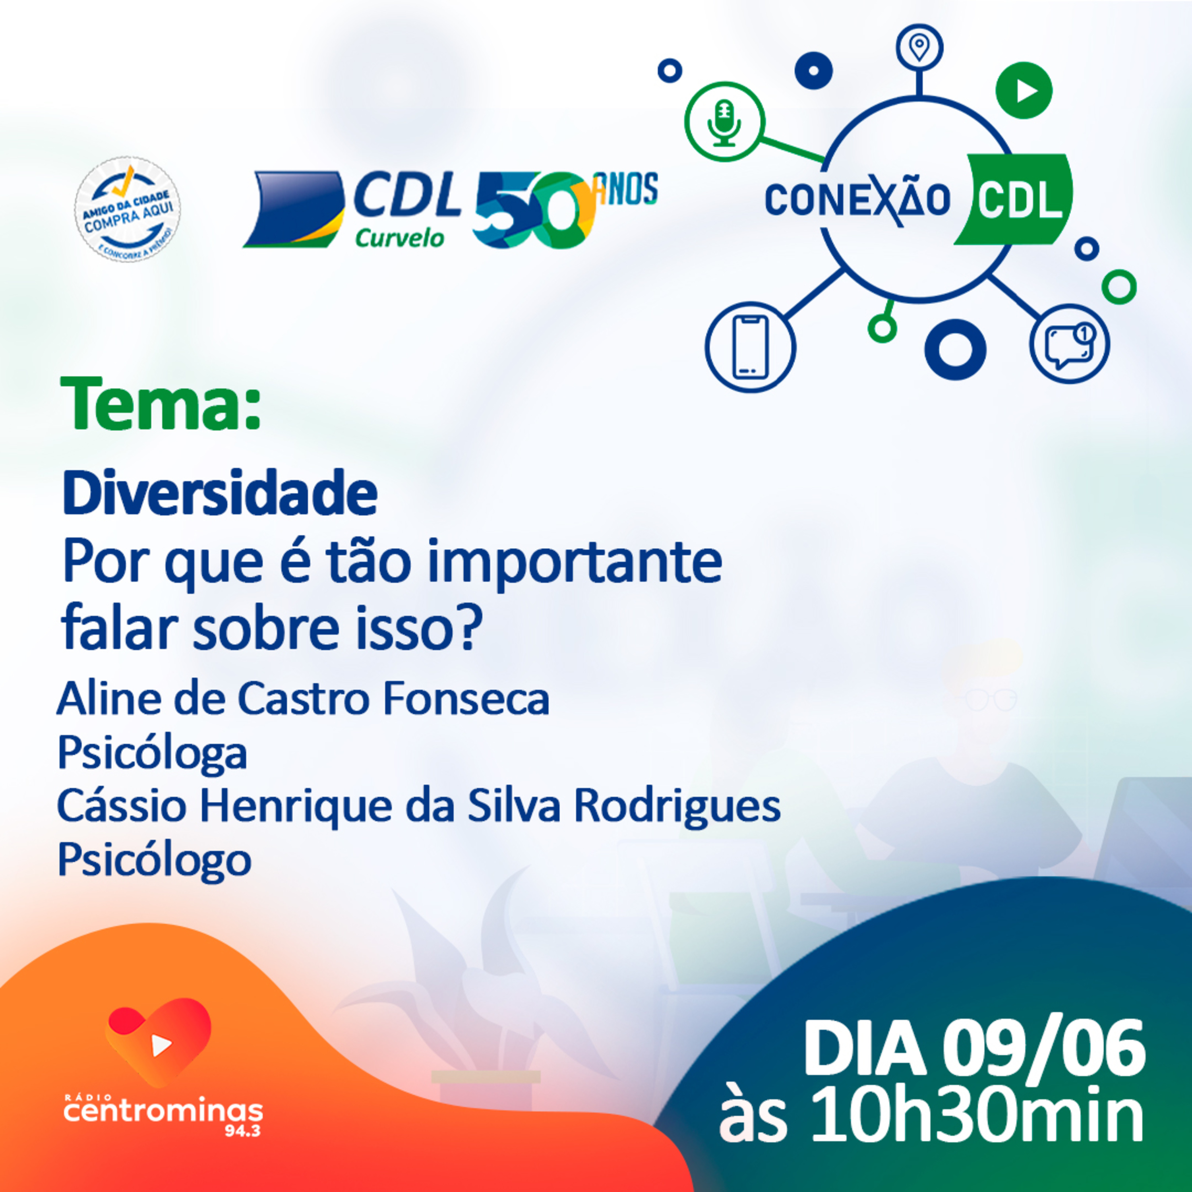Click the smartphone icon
coord(750,347)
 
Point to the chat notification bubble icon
coord(1069,344)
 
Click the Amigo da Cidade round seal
coord(128,209)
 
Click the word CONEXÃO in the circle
coord(857,201)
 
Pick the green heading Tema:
coord(161,405)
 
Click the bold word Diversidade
coord(220,493)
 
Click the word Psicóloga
coord(153,753)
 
